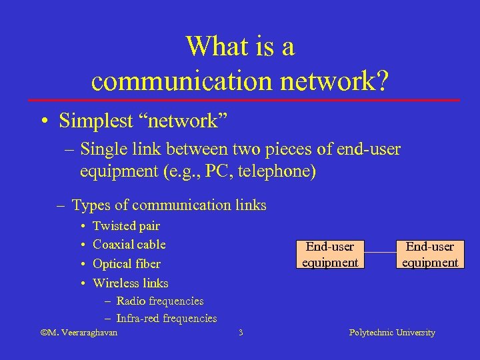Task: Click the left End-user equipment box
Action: (330, 254)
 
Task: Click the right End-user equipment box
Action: (430, 254)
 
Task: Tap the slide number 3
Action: (241, 332)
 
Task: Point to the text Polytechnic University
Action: (392, 332)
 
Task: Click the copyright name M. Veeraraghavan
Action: (79, 332)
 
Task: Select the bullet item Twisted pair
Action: (126, 226)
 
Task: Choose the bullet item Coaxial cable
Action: (129, 245)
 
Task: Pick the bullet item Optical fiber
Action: (127, 263)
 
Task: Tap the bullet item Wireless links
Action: (131, 283)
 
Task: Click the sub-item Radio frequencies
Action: (160, 301)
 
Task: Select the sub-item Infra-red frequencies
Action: (167, 319)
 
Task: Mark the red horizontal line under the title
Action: (240, 100)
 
